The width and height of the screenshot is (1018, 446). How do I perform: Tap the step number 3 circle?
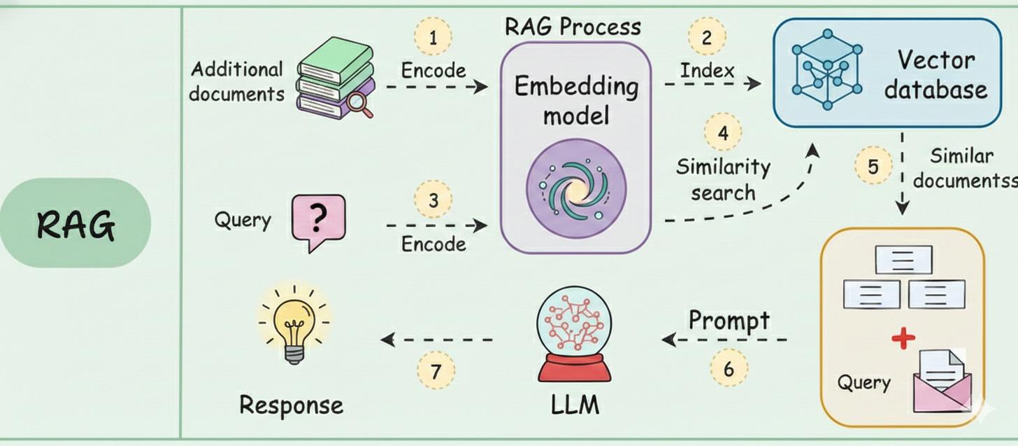click(433, 200)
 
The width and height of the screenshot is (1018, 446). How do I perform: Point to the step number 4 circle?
click(723, 132)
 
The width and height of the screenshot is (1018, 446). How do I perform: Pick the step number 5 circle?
click(873, 166)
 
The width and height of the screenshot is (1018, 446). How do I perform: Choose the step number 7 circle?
click(436, 371)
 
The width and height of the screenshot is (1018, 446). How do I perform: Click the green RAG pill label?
click(76, 223)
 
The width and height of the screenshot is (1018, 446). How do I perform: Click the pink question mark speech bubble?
click(318, 221)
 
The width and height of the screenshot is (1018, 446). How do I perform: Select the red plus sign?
click(903, 339)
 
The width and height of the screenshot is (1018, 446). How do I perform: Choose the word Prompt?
click(729, 321)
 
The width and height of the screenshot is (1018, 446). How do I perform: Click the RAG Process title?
click(573, 27)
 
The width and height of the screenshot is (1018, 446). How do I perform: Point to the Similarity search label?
click(723, 179)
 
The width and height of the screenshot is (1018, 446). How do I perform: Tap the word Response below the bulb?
click(291, 405)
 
